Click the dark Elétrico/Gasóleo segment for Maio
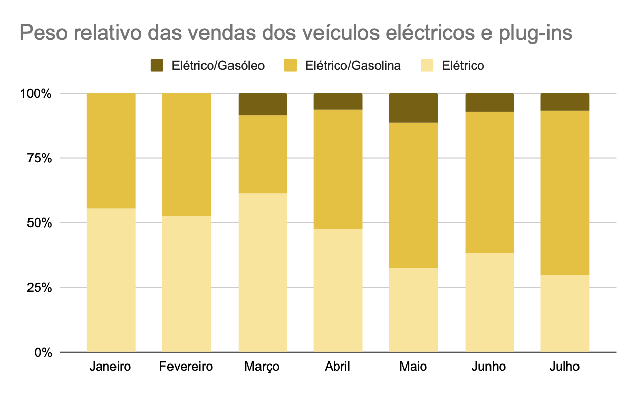(x=413, y=108)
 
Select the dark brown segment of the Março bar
(x=263, y=104)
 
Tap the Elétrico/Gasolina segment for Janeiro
(x=111, y=151)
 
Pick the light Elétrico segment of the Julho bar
(x=565, y=314)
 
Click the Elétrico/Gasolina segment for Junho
(x=489, y=182)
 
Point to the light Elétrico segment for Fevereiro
(x=187, y=284)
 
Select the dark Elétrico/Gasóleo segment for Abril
(x=338, y=102)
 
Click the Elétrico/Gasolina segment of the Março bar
(x=263, y=154)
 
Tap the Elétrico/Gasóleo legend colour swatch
(x=157, y=66)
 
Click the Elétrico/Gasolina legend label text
(x=353, y=66)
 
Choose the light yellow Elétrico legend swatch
(x=426, y=66)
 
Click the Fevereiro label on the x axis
(x=186, y=367)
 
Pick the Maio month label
(x=413, y=367)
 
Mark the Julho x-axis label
(x=565, y=367)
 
